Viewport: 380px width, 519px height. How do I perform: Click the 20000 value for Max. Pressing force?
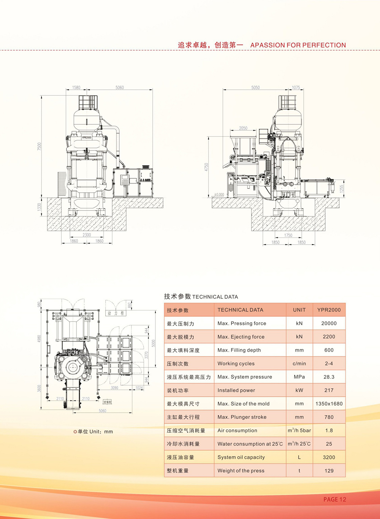click(x=329, y=323)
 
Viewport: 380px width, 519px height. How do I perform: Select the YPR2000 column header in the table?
click(x=329, y=310)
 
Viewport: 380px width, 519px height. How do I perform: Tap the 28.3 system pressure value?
click(x=329, y=377)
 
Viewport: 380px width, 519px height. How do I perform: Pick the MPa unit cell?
click(x=299, y=377)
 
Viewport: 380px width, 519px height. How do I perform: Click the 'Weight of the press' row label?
click(x=241, y=470)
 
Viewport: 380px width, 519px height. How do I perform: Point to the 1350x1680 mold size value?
click(x=329, y=403)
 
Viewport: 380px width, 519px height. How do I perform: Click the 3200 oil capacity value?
click(x=329, y=457)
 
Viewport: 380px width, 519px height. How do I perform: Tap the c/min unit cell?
click(x=299, y=364)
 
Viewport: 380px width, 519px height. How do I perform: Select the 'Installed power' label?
click(x=236, y=390)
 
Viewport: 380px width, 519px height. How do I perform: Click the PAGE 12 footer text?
click(x=334, y=499)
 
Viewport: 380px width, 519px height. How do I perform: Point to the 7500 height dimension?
click(x=39, y=146)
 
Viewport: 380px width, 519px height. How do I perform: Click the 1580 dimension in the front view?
click(x=76, y=87)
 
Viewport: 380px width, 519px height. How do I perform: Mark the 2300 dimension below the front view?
click(x=87, y=235)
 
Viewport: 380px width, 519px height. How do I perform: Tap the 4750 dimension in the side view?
click(x=206, y=167)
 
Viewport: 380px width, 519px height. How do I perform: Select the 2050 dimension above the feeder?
click(x=243, y=128)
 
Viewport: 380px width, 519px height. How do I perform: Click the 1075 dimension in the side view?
click(x=296, y=87)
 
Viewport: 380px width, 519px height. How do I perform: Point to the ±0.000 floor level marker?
click(x=219, y=195)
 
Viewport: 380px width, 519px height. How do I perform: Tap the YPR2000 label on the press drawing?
click(x=86, y=137)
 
